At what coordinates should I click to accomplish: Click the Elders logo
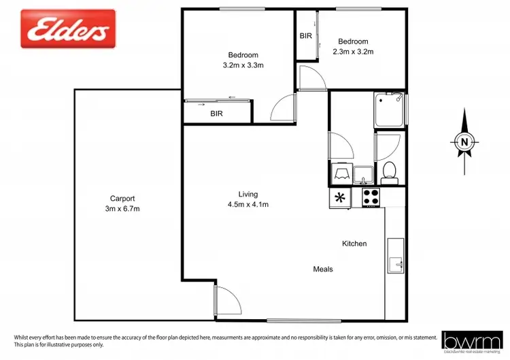(67, 29)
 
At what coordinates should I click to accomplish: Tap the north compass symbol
(464, 141)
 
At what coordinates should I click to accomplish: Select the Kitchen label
(354, 244)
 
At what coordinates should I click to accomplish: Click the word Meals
(323, 269)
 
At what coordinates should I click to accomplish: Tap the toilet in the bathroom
(390, 173)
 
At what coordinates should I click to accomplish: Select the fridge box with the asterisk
(340, 198)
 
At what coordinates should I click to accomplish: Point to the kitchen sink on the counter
(395, 255)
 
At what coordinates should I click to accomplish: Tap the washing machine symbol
(340, 174)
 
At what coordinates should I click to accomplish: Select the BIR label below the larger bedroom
(217, 114)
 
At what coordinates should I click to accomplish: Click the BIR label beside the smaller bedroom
(306, 36)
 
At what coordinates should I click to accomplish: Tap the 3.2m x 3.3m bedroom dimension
(243, 65)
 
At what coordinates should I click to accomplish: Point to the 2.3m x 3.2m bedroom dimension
(353, 51)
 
